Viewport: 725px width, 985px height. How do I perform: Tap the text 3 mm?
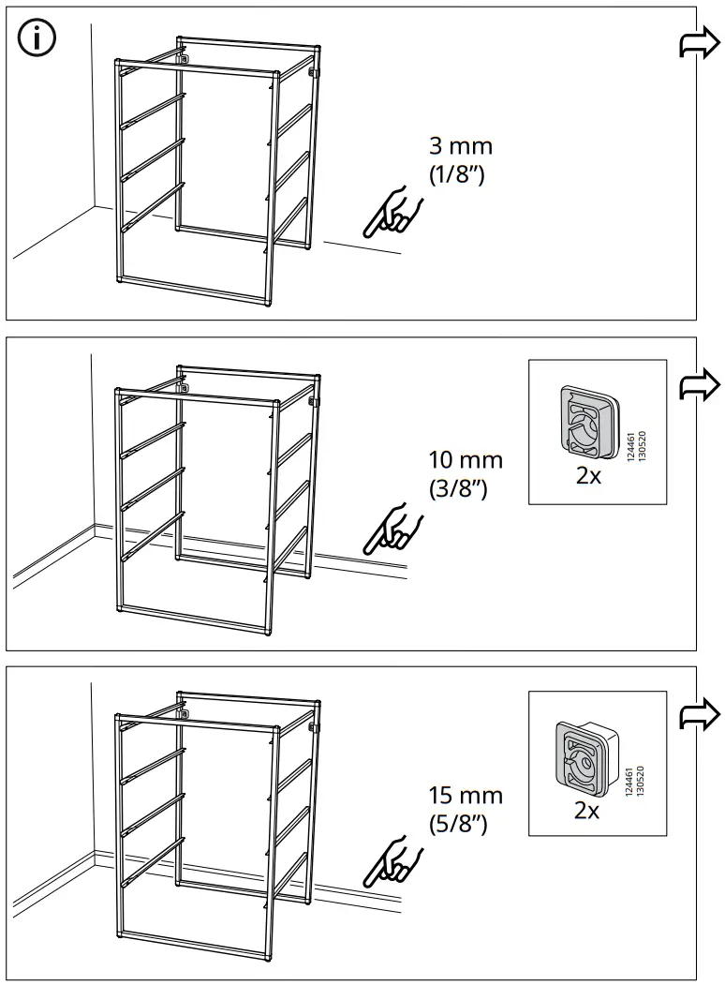click(x=459, y=147)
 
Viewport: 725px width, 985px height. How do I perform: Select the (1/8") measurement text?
click(x=456, y=174)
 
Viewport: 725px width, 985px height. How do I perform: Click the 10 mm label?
click(x=466, y=461)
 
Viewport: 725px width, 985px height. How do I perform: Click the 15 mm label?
click(x=466, y=796)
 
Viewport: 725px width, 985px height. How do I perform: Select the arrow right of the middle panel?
click(x=700, y=383)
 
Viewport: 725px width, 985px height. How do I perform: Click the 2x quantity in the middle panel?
click(x=588, y=476)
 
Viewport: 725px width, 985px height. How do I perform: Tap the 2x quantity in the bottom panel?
click(x=586, y=812)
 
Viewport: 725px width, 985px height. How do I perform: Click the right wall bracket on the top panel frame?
click(x=315, y=71)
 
